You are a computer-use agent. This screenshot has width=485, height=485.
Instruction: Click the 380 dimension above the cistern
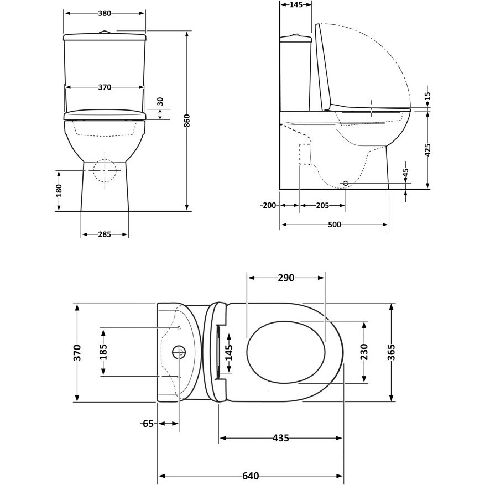(x=105, y=13)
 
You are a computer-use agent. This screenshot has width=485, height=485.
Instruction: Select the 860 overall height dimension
(x=187, y=121)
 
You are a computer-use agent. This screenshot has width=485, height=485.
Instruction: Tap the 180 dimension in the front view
(x=59, y=190)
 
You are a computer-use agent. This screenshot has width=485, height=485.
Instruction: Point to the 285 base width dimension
(x=105, y=234)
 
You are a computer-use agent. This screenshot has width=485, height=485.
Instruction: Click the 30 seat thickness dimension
(x=160, y=101)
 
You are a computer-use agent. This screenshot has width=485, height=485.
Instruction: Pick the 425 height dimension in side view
(x=427, y=150)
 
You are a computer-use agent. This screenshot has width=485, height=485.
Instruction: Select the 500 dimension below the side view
(x=335, y=225)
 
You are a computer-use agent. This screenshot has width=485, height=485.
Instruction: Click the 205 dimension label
(x=322, y=205)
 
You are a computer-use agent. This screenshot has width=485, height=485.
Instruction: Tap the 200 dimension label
(x=269, y=205)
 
